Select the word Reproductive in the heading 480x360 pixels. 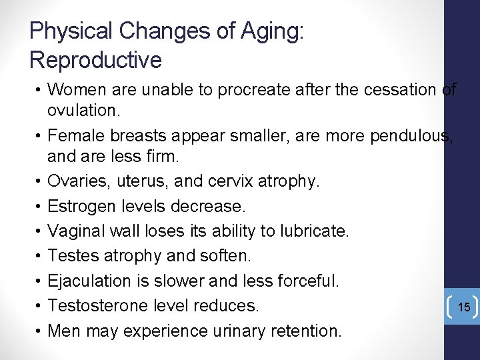click(x=95, y=60)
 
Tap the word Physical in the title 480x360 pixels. click(x=72, y=31)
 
